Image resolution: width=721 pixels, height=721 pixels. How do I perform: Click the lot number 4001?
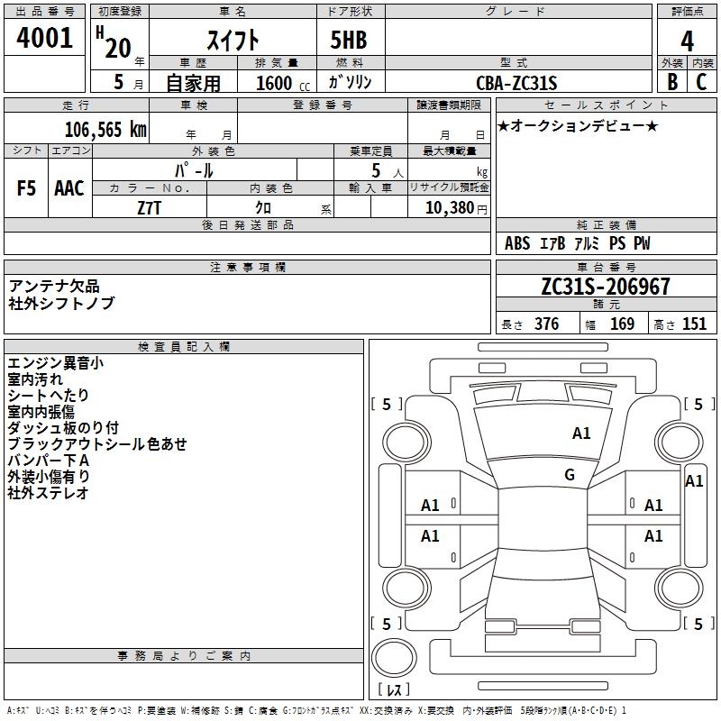coord(44,38)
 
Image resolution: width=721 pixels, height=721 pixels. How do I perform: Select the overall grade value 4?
coord(687,41)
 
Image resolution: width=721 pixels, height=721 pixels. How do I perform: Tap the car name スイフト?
coord(233,40)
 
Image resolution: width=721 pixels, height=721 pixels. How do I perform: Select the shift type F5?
coord(27,188)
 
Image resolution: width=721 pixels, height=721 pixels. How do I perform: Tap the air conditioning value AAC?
coord(69,188)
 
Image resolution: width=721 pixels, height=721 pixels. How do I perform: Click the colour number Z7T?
coord(150,206)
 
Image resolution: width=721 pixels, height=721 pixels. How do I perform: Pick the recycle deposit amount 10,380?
coord(449,207)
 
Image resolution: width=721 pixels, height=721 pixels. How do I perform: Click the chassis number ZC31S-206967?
coord(606,287)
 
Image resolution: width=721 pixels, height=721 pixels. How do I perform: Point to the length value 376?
coord(545,324)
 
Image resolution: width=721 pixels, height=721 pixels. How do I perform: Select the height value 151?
coord(694,324)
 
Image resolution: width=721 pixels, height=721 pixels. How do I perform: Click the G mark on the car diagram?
coord(570,475)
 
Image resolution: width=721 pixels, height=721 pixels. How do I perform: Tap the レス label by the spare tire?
coord(397,689)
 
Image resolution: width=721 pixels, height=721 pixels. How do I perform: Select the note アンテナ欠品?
coord(54,287)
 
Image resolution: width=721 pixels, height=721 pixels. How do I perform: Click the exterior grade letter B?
coord(672,82)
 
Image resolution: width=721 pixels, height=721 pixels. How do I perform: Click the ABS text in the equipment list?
coord(517,243)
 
